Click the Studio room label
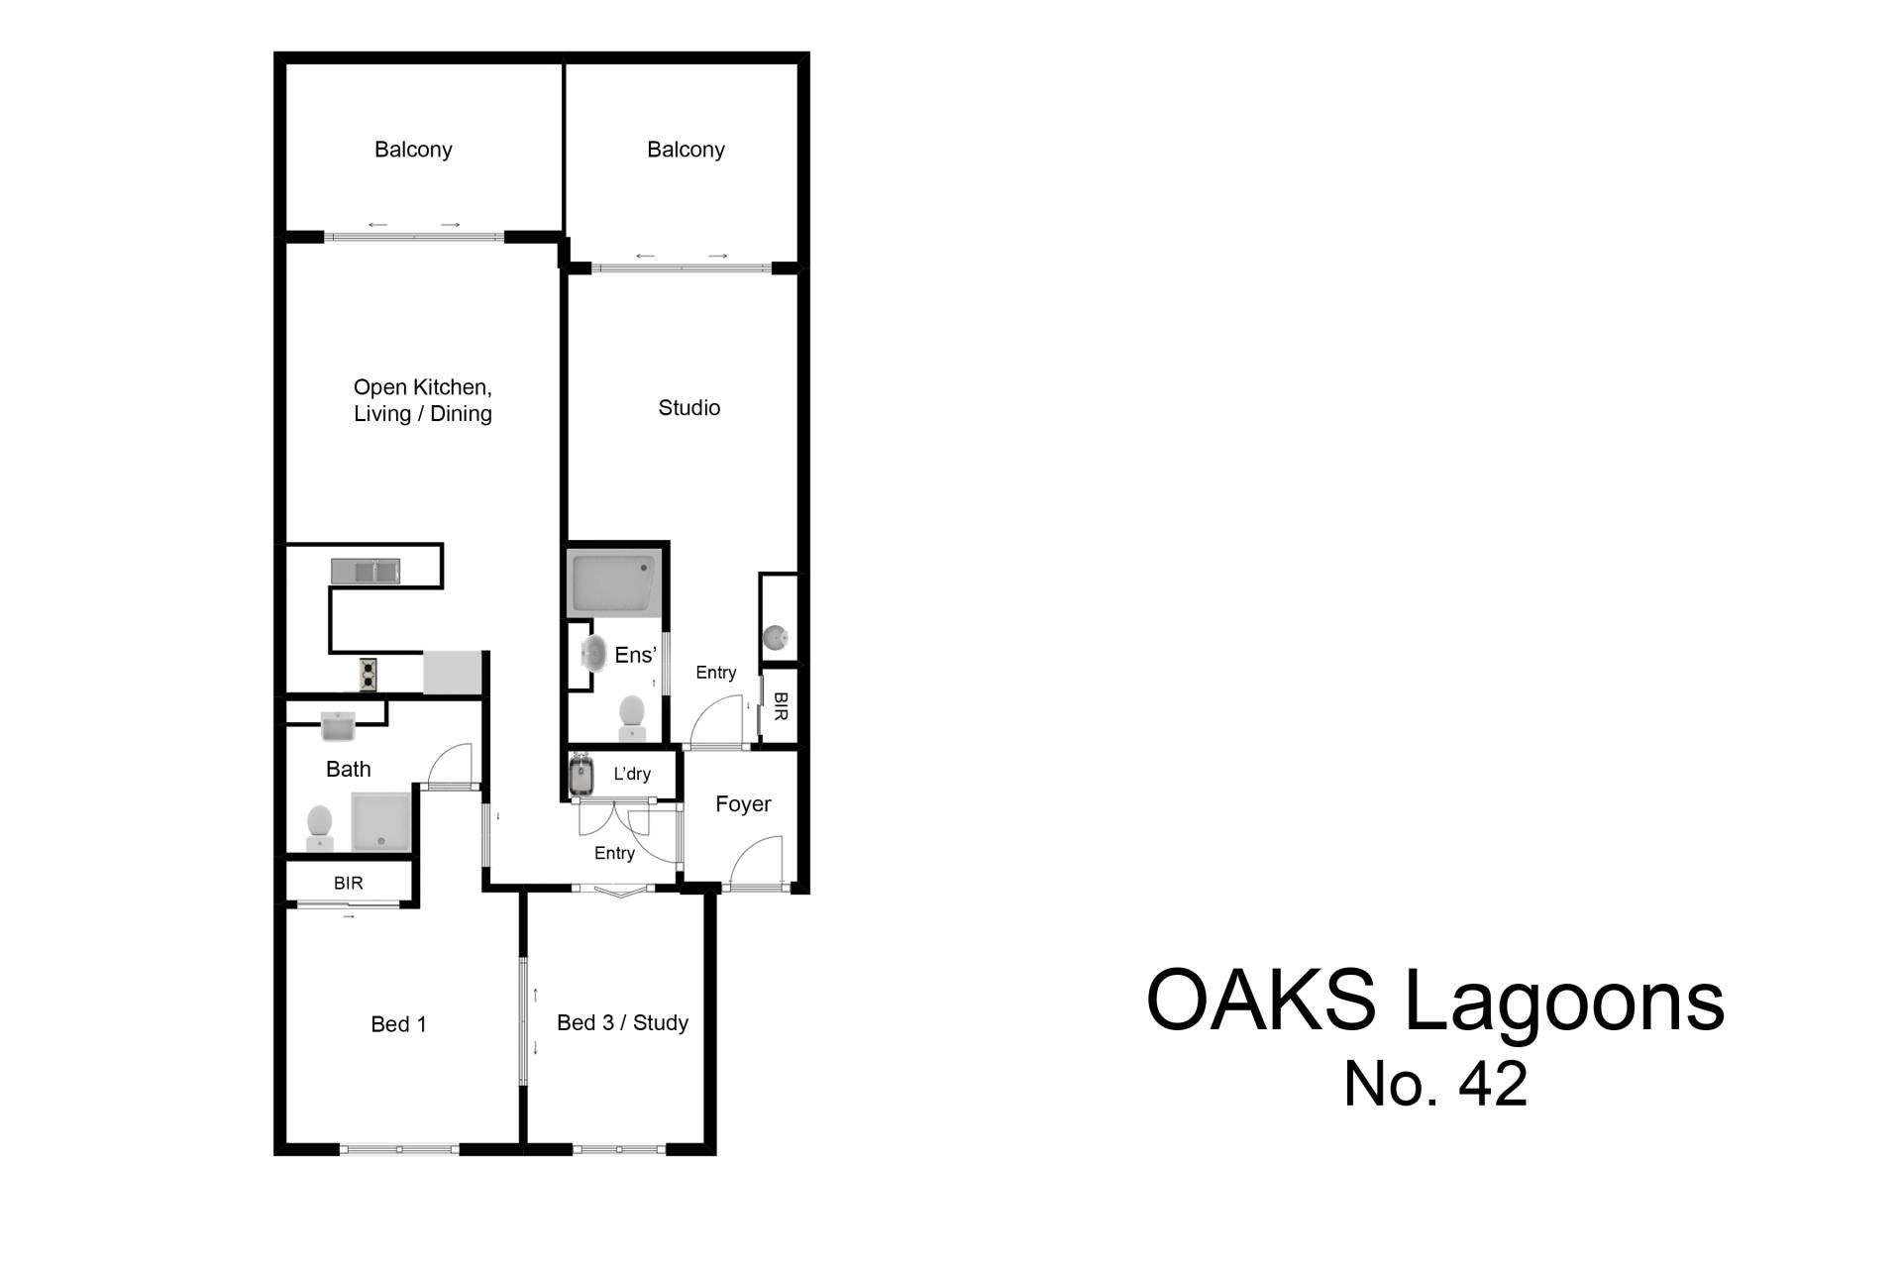click(x=689, y=407)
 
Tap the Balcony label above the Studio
click(x=686, y=150)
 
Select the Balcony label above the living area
click(x=413, y=150)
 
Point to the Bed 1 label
click(x=398, y=1024)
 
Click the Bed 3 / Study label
click(x=622, y=1022)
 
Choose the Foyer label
click(x=743, y=804)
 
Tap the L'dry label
click(x=632, y=774)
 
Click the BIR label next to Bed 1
click(x=349, y=883)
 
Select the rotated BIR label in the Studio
click(x=781, y=706)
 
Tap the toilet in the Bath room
click(x=319, y=828)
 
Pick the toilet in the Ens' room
click(x=632, y=717)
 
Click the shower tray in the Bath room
click(x=381, y=822)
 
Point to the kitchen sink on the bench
click(x=366, y=572)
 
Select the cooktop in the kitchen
click(x=369, y=675)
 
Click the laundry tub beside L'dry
click(x=581, y=775)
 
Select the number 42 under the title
click(x=1493, y=1084)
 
